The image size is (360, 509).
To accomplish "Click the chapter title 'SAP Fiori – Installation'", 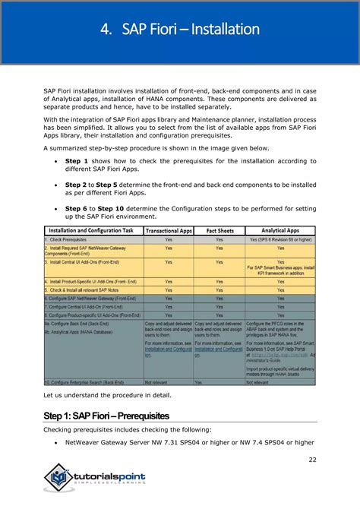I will (180, 30).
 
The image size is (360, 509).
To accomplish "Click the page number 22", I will (312, 460).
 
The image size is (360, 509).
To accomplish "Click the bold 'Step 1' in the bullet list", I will (77, 162).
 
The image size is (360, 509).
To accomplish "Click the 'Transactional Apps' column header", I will (168, 229).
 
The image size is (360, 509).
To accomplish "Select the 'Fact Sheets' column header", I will (218, 229).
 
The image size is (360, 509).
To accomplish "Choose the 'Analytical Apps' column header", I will (279, 229).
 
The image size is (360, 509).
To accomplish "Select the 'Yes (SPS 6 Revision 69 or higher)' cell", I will (279, 239).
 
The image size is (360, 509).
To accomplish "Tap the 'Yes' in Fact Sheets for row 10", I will (199, 382).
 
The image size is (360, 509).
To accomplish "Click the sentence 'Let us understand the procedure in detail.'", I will (107, 395).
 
